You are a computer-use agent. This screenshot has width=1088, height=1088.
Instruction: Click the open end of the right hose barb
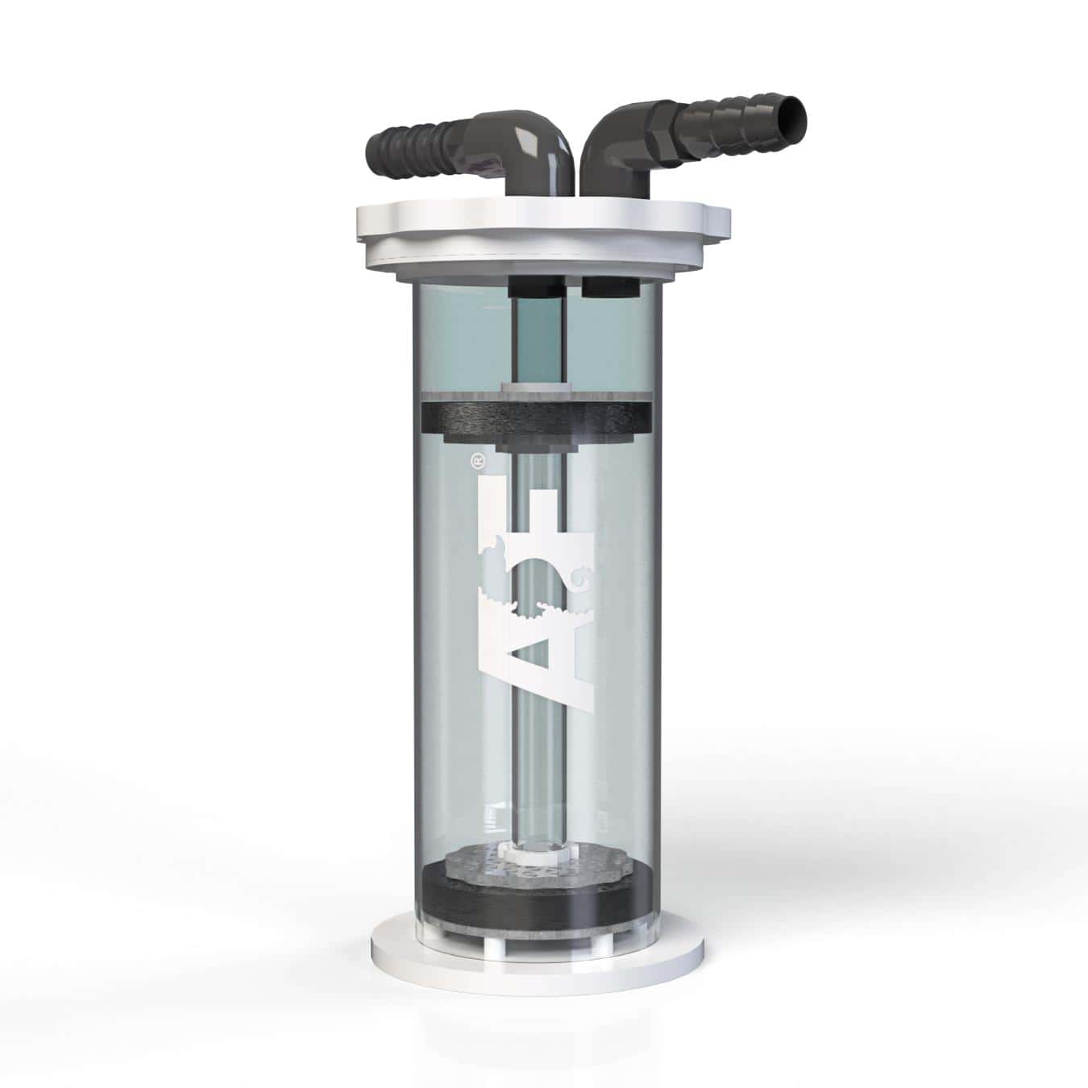point(795,118)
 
